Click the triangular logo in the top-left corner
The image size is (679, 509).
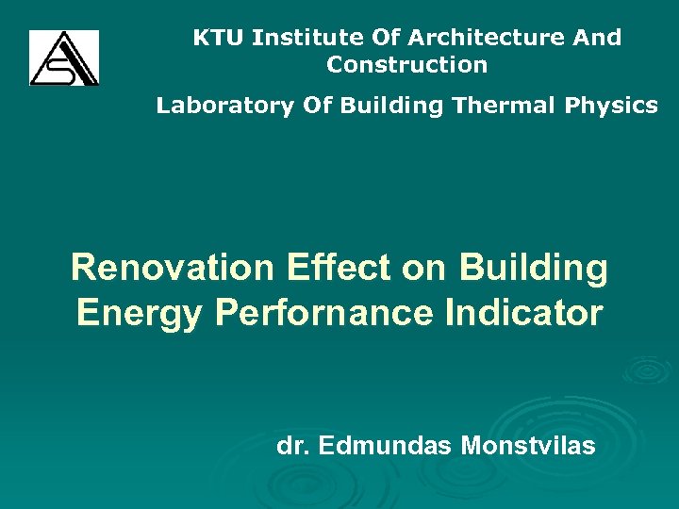[63, 57]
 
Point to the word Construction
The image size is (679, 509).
[407, 65]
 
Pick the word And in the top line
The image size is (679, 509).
[599, 38]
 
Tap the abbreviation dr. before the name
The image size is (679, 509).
[293, 445]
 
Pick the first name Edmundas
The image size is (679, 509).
[386, 445]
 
